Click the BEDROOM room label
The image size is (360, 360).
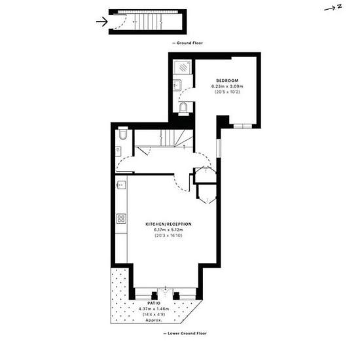227,81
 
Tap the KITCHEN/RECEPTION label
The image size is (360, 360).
168,224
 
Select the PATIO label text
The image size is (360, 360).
154,303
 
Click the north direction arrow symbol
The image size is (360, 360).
333,9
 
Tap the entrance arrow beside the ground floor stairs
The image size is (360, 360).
101,22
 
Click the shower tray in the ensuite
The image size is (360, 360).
183,67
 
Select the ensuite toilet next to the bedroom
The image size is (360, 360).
184,109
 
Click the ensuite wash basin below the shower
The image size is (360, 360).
177,85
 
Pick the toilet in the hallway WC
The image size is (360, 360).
123,133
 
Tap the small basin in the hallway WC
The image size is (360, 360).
118,151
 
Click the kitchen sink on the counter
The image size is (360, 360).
121,185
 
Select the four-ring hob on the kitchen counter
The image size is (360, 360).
121,219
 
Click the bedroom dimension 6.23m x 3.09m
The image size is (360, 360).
227,86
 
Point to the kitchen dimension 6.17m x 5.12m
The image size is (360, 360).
168,230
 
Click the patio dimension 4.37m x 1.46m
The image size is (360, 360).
154,309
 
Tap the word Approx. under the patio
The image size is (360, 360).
154,320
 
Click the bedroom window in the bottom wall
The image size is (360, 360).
243,126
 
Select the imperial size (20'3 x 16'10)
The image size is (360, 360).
168,236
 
